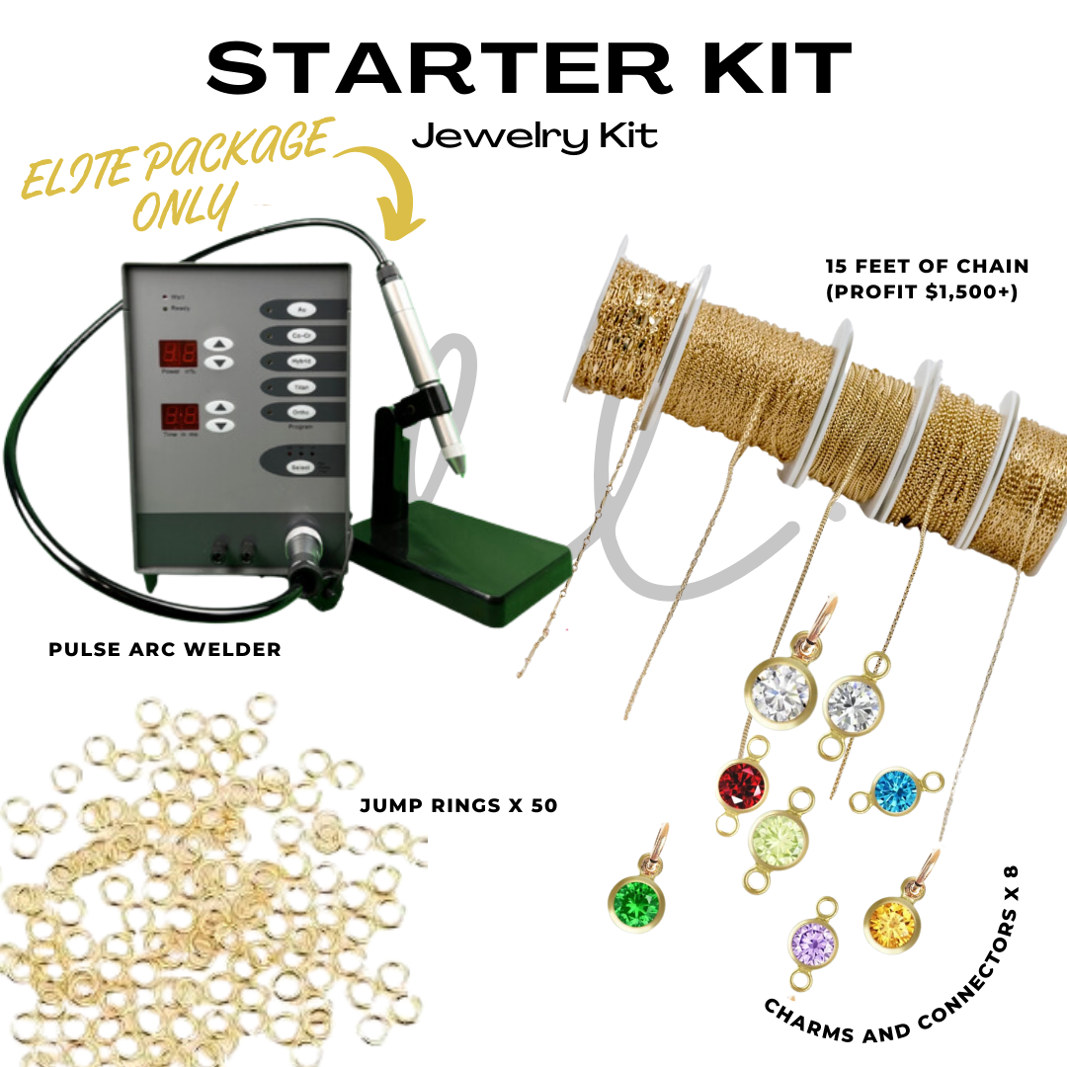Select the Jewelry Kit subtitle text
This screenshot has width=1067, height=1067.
click(534, 135)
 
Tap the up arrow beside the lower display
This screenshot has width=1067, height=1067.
click(224, 406)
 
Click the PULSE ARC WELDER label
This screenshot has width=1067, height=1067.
click(165, 649)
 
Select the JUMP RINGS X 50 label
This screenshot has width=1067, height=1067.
click(458, 805)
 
